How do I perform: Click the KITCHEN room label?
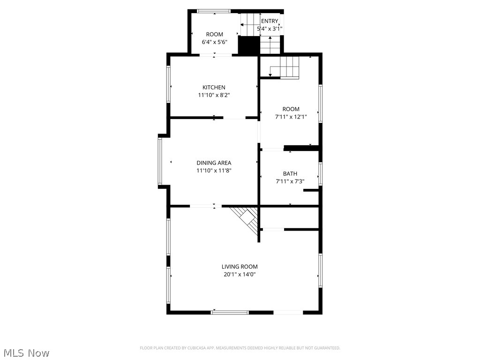click(x=214, y=87)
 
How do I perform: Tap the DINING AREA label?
click(x=214, y=163)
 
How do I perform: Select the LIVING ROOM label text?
click(x=240, y=267)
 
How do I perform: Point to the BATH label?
click(x=290, y=173)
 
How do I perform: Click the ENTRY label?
click(x=270, y=21)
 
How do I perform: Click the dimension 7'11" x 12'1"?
click(x=291, y=117)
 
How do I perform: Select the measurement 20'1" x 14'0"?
click(x=240, y=275)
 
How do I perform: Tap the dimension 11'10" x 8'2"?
click(x=214, y=95)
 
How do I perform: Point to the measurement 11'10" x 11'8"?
click(x=214, y=171)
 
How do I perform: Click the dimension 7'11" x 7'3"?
click(x=290, y=181)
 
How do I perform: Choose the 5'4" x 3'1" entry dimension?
click(x=270, y=29)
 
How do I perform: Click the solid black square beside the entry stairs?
click(x=249, y=45)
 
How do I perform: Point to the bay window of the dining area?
click(x=160, y=161)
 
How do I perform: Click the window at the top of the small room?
click(x=213, y=11)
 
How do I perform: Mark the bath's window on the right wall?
click(x=321, y=173)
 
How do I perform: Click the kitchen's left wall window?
click(x=168, y=84)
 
